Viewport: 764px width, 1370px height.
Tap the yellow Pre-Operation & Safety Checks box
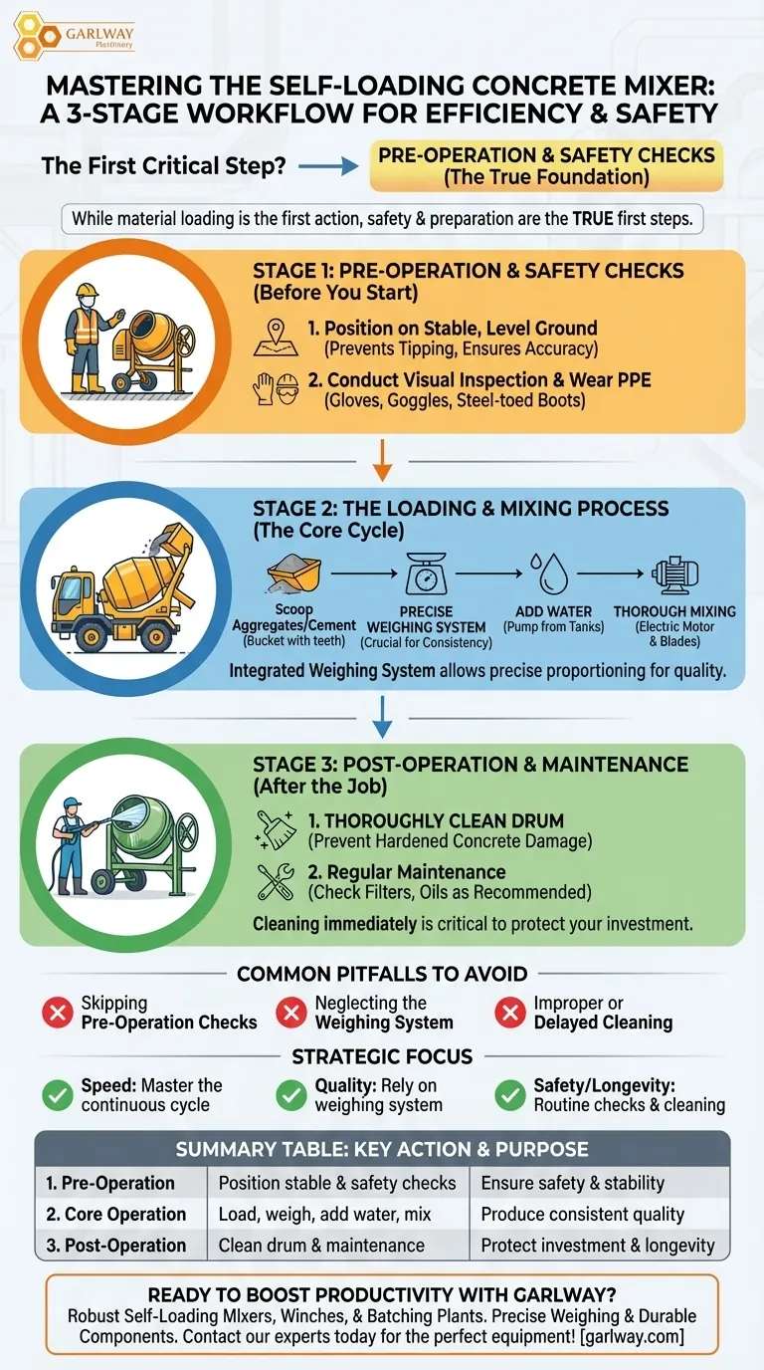546,166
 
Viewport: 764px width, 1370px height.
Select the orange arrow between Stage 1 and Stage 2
382,459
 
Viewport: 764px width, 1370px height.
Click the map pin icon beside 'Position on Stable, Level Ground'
276,337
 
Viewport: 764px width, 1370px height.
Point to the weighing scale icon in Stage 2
427,574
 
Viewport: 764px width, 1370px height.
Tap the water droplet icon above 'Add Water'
547,574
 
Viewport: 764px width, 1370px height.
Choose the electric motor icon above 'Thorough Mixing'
674,574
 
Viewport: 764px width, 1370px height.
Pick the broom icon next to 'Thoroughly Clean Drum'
276,829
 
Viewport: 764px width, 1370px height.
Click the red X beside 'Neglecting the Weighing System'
291,1014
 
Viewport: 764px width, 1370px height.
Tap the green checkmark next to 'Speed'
57,1095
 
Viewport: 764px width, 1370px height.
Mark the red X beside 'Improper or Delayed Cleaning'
510,1014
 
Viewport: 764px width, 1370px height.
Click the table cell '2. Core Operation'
116,1214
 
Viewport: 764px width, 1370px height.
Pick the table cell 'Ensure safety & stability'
572,1183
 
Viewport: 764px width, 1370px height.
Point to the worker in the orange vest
83,339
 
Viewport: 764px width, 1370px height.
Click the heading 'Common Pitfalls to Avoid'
382,974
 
